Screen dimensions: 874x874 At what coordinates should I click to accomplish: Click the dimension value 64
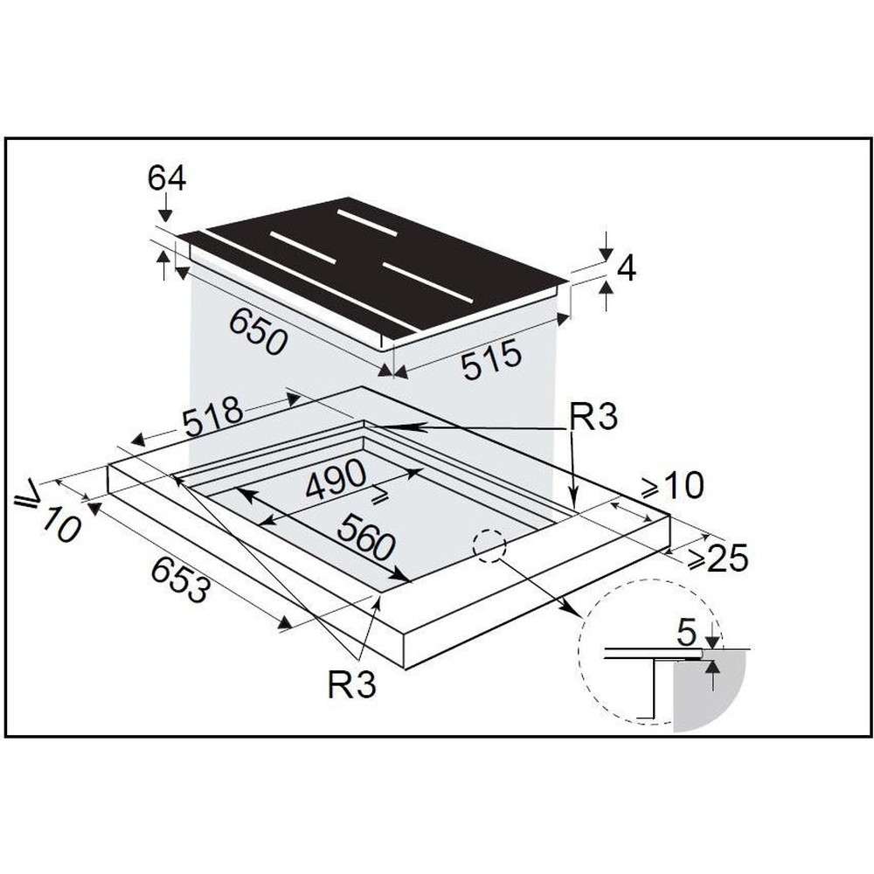166,179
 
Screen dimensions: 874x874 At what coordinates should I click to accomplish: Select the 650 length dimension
258,331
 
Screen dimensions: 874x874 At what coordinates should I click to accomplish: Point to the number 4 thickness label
626,269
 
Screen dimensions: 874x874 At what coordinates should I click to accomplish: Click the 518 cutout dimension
213,415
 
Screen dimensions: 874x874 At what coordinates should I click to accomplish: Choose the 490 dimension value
336,479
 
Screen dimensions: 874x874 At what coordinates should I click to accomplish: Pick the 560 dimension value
367,537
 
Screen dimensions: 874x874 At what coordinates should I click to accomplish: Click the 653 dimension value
181,580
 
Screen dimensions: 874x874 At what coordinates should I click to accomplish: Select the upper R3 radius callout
593,417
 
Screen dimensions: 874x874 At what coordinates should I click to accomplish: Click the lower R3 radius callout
351,684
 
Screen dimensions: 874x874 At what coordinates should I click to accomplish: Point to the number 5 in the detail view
686,633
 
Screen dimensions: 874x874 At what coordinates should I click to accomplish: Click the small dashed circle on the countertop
489,545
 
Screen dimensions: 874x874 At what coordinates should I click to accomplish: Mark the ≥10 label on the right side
672,485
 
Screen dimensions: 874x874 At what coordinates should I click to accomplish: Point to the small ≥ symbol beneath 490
381,495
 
